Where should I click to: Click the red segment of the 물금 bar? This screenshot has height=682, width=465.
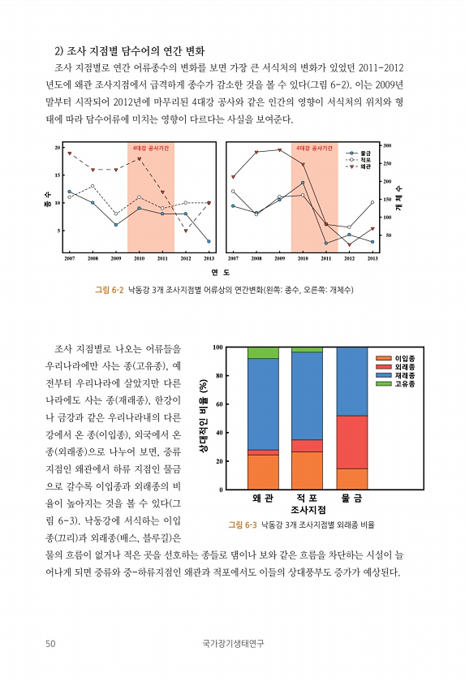click(352, 442)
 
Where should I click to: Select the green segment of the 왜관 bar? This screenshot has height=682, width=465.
click(263, 352)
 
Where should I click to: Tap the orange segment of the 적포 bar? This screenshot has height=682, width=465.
click(307, 471)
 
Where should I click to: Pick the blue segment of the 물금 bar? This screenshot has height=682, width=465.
click(352, 382)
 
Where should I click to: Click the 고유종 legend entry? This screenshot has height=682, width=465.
click(395, 384)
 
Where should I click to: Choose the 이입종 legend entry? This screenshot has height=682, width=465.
click(395, 358)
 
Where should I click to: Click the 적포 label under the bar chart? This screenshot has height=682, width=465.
click(307, 498)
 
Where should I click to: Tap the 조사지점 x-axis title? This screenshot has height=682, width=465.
click(308, 510)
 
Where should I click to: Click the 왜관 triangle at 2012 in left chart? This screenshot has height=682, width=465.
click(186, 231)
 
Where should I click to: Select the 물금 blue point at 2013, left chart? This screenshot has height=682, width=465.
click(209, 241)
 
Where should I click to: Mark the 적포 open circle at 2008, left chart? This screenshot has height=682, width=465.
click(93, 186)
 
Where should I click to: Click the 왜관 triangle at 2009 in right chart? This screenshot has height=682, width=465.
click(279, 150)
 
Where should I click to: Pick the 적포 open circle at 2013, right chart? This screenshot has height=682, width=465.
click(372, 202)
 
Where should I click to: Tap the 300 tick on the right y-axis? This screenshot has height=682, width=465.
click(387, 145)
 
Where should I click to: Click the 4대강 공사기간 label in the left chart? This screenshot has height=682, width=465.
click(151, 149)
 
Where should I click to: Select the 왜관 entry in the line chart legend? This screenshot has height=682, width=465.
click(359, 166)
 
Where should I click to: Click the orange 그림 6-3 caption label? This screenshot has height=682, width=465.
click(243, 525)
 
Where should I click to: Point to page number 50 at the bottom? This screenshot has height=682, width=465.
click(50, 643)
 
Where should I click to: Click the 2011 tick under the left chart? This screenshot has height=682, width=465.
click(162, 258)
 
